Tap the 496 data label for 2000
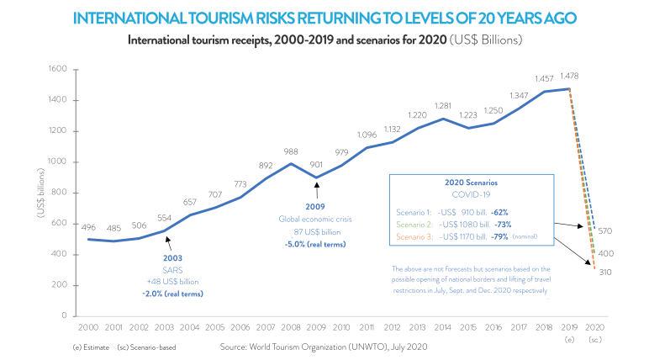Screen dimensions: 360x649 pyautogui.click(x=89, y=226)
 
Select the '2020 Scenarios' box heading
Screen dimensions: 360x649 pyautogui.click(x=471, y=182)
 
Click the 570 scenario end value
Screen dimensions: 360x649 pyautogui.click(x=604, y=230)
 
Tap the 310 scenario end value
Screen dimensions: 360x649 pyautogui.click(x=604, y=273)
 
